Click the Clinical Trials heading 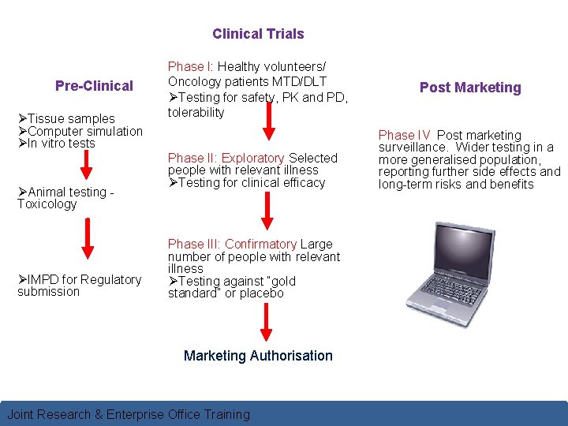258,34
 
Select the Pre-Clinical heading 94,85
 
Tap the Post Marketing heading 470,88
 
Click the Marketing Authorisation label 258,356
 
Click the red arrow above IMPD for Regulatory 87,239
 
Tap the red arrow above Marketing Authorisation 266,321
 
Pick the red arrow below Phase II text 266,208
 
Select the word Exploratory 252,159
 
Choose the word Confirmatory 261,245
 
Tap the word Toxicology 47,204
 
